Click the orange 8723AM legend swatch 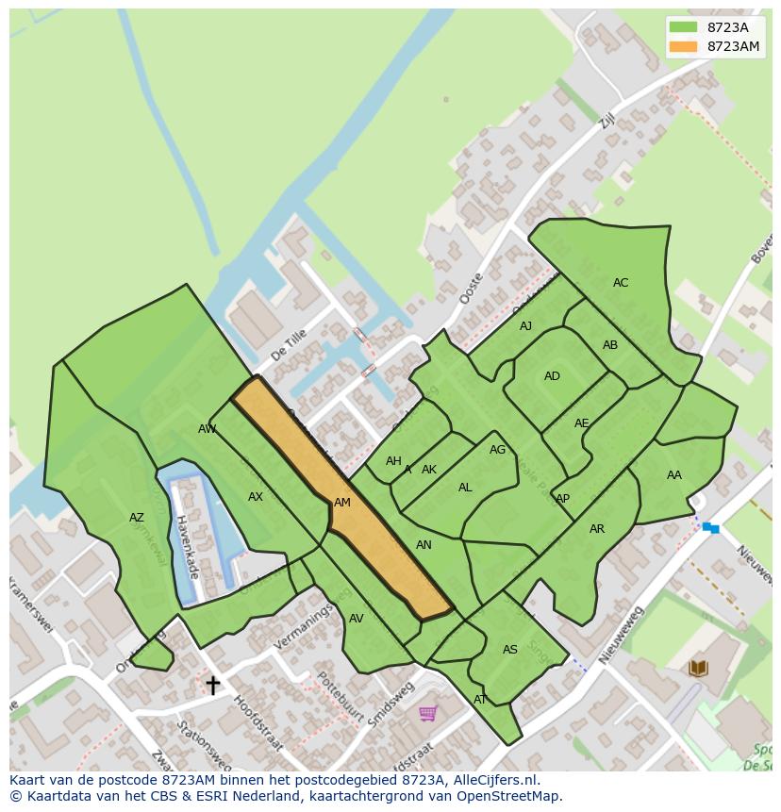coord(683,47)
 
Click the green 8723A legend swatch coord(683,27)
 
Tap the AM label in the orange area coord(342,503)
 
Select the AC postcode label coord(621,283)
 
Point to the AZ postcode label coord(137,518)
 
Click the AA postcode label coord(673,475)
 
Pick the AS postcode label coord(510,650)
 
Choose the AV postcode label coord(356,619)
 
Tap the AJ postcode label coord(525,326)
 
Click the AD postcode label coord(552,376)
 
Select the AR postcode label coord(597,529)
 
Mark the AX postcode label coord(256,497)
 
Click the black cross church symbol coord(213,685)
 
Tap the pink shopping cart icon coord(427,713)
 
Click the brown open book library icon coord(698,669)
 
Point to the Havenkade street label coord(187,546)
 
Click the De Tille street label coord(289,345)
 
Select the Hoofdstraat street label coord(258,724)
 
